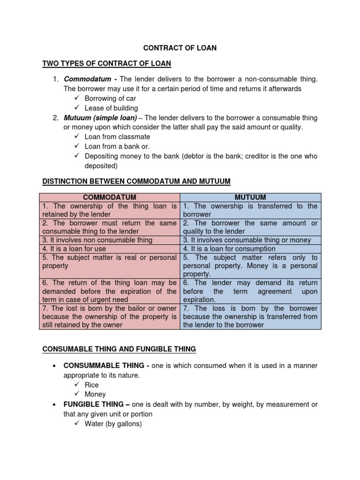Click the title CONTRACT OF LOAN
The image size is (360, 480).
(x=180, y=48)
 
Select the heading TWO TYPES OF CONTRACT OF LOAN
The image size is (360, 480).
(x=107, y=63)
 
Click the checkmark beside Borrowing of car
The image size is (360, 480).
(x=77, y=98)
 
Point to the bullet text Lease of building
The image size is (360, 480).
(x=111, y=108)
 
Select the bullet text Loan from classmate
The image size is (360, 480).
(x=117, y=137)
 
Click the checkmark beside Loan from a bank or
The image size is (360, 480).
(x=77, y=146)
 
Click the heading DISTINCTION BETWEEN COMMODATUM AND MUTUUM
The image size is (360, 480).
(x=136, y=181)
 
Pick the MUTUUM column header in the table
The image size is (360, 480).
(x=250, y=197)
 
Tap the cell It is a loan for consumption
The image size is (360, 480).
(x=229, y=249)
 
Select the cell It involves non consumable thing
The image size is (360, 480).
(x=97, y=240)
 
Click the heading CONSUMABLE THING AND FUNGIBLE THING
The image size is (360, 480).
(x=119, y=349)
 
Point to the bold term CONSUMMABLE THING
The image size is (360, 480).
(x=105, y=366)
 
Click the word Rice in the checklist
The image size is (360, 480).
(x=91, y=385)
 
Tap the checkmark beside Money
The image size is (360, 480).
(x=77, y=394)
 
